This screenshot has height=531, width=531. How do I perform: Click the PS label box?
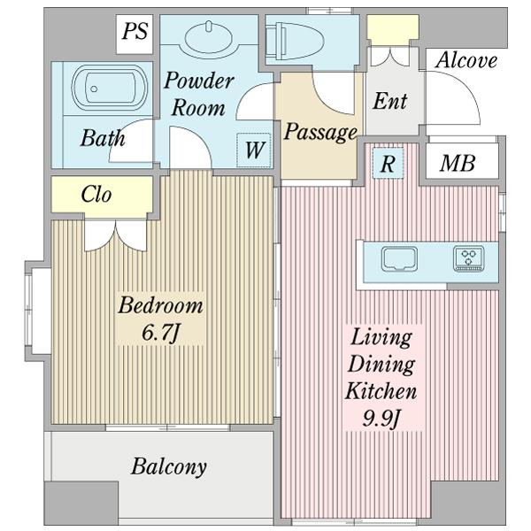[135, 34]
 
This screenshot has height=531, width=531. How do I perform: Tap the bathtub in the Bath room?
[110, 88]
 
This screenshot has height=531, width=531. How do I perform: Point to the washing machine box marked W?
[254, 150]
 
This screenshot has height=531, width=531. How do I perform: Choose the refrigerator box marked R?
[389, 163]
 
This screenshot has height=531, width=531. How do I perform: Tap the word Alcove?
[466, 60]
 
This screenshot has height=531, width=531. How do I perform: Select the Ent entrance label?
[389, 101]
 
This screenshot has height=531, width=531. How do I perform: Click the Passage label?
[320, 133]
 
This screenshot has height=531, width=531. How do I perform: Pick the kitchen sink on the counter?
[399, 259]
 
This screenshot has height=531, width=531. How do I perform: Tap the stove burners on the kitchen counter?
[469, 259]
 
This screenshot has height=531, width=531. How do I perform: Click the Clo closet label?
[96, 195]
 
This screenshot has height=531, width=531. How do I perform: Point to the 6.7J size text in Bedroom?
[160, 332]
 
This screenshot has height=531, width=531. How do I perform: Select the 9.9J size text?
[381, 419]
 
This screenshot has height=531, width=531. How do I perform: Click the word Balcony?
[169, 467]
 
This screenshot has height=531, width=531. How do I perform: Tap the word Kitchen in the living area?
[381, 390]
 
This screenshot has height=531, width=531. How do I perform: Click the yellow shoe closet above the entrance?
[393, 26]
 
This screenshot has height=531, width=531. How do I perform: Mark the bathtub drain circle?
[94, 89]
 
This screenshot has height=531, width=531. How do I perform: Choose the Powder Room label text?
[199, 94]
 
